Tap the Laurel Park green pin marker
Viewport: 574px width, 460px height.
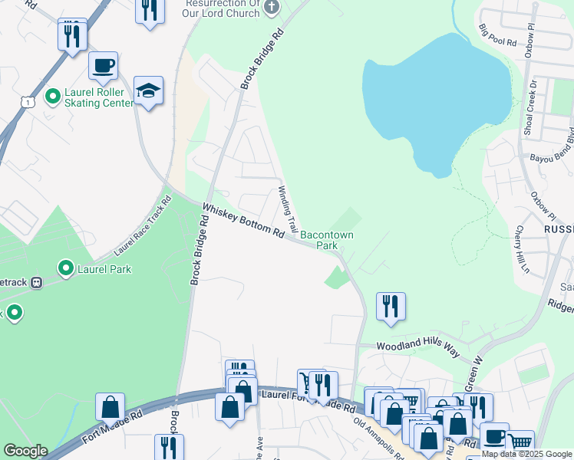coord(66,269)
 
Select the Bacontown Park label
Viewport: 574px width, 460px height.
coord(327,240)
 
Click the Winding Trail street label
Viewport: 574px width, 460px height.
coord(288,209)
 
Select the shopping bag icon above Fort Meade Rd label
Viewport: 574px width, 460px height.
coord(110,406)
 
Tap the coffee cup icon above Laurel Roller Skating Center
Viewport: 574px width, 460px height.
coord(103,66)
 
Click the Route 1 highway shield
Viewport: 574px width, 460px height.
coord(28,102)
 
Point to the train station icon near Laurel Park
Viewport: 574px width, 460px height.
coord(35,281)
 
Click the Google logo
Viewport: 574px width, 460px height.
coord(25,451)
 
